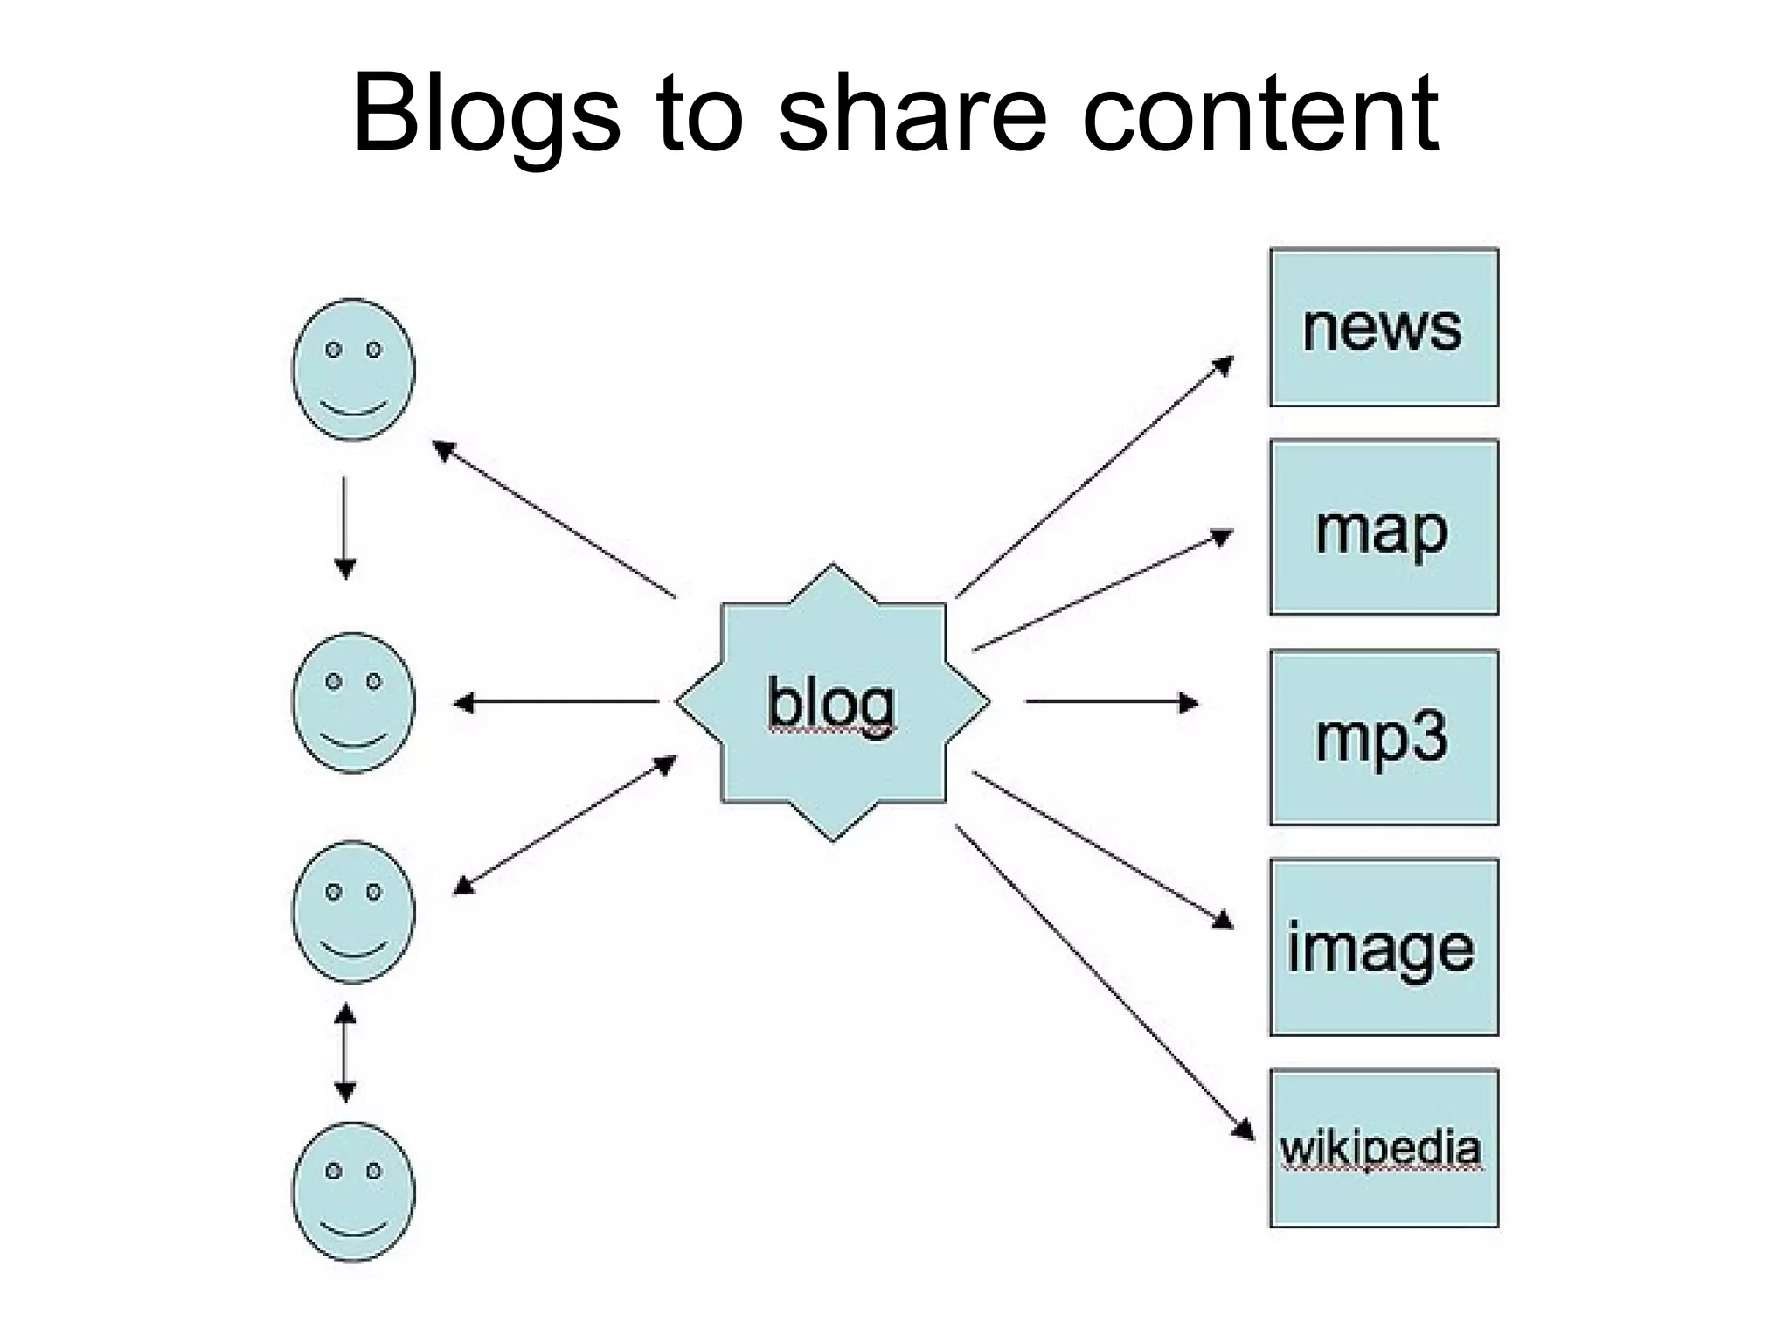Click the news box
[1384, 328]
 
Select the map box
[1384, 528]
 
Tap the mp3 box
[1384, 737]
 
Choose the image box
[1384, 948]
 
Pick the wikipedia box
[1384, 1148]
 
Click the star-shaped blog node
[833, 702]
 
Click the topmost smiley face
[353, 370]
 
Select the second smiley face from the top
[353, 702]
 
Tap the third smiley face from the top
[353, 912]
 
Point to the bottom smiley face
[353, 1191]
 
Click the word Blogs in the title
[486, 114]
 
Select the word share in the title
[912, 114]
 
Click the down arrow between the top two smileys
[345, 527]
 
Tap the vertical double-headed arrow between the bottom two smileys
[345, 1053]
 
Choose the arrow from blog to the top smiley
[555, 519]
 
